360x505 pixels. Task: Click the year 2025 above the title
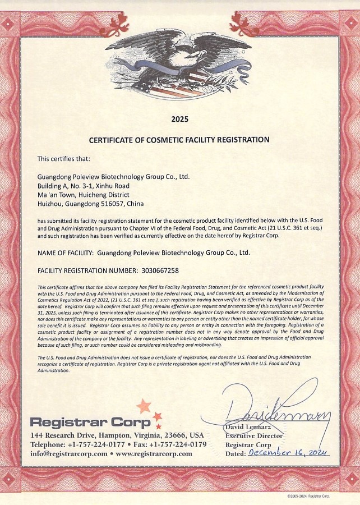click(x=179, y=119)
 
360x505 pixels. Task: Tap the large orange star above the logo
click(x=144, y=405)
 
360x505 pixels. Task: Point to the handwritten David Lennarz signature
click(x=275, y=412)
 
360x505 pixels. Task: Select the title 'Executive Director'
click(x=254, y=435)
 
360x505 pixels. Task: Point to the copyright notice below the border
click(x=308, y=497)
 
